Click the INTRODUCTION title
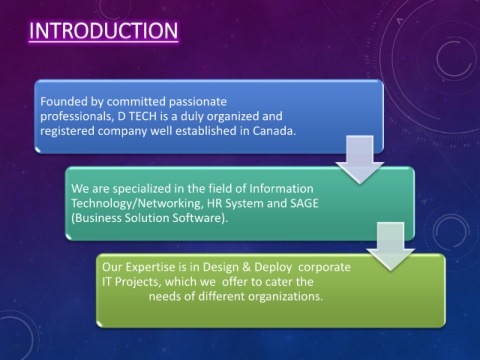[103, 31]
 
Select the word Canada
[274, 131]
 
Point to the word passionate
[198, 102]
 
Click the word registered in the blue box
[67, 131]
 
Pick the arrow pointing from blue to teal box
[360, 159]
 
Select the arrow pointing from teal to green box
[390, 246]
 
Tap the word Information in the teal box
[281, 189]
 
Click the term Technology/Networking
[137, 204]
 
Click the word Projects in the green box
[137, 282]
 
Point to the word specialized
[142, 189]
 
